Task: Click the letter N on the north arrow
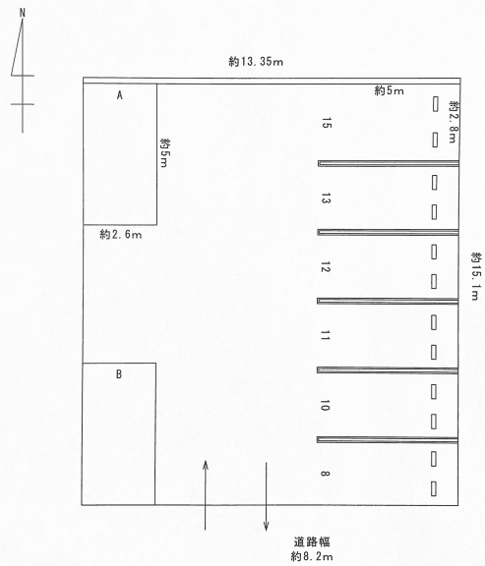[x=23, y=13]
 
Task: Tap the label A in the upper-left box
[x=120, y=95]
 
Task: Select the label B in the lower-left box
[x=119, y=374]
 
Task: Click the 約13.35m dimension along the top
[x=256, y=62]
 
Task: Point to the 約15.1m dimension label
[x=476, y=276]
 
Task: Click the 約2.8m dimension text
[x=454, y=122]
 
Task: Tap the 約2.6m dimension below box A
[x=121, y=235]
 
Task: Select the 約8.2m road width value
[x=312, y=556]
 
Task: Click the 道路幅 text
[x=312, y=541]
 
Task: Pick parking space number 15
[x=326, y=123]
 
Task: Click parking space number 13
[x=326, y=198]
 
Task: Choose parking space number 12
[x=326, y=267]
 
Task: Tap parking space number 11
[x=326, y=335]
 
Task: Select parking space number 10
[x=325, y=405]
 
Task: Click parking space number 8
[x=325, y=474]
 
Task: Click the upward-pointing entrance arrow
[x=206, y=495]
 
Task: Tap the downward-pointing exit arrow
[x=267, y=496]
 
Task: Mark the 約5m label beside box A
[x=164, y=152]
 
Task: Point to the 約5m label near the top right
[x=389, y=90]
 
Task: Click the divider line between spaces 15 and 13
[x=389, y=163]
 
